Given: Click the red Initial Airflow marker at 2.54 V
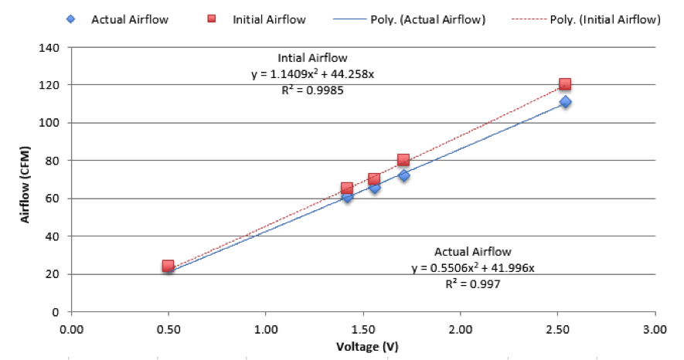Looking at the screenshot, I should pyautogui.click(x=565, y=84).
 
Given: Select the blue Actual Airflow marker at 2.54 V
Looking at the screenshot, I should pyautogui.click(x=565, y=102).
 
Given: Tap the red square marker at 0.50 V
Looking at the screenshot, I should pyautogui.click(x=168, y=266).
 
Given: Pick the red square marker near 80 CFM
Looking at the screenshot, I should pyautogui.click(x=403, y=160).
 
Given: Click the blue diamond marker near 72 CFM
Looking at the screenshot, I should pyautogui.click(x=403, y=176).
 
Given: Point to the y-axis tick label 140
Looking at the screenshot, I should pyautogui.click(x=50, y=47).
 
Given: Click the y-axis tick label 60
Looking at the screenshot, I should pyautogui.click(x=53, y=199).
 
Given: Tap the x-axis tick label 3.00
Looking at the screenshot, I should pyautogui.click(x=655, y=328).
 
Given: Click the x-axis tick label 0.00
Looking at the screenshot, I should pyautogui.click(x=71, y=328).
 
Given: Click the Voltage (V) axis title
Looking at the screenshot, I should pyautogui.click(x=362, y=346).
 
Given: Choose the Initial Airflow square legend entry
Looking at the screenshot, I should pyautogui.click(x=259, y=19).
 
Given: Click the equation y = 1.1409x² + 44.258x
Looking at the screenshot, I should pyautogui.click(x=312, y=74).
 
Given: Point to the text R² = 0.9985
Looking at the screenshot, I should pyautogui.click(x=312, y=90).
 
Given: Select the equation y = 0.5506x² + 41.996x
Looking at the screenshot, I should pyautogui.click(x=473, y=268).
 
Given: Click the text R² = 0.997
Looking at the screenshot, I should pyautogui.click(x=473, y=284).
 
